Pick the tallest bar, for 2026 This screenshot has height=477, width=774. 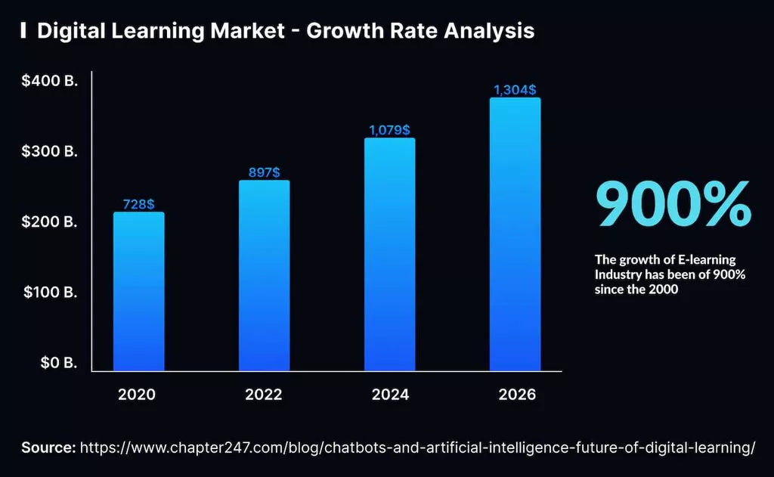[515, 234]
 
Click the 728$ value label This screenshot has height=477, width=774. [139, 204]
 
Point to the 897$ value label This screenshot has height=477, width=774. [265, 173]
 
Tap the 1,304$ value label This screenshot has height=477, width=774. [515, 90]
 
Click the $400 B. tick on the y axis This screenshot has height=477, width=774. [50, 82]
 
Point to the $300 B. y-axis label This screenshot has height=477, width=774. [50, 152]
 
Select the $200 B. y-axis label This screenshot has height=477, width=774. [50, 222]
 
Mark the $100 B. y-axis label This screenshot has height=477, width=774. [50, 293]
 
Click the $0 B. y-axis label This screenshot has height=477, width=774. [57, 363]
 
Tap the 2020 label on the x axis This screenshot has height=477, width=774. [138, 395]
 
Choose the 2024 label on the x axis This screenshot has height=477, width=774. [390, 395]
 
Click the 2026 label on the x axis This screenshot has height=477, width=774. [516, 395]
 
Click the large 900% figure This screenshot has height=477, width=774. [673, 204]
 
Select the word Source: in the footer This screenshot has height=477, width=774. [48, 448]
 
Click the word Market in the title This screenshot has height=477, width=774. [249, 31]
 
